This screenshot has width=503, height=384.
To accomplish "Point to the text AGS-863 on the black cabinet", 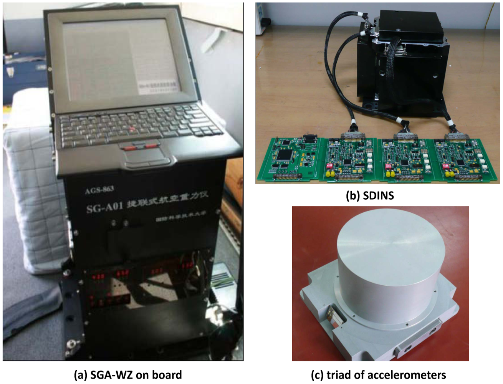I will (x=99, y=189).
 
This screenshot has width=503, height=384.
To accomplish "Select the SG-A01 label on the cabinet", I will (x=104, y=208).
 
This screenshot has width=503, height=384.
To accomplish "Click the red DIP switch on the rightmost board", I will (x=445, y=166).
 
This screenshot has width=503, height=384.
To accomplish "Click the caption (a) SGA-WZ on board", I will (x=128, y=375).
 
